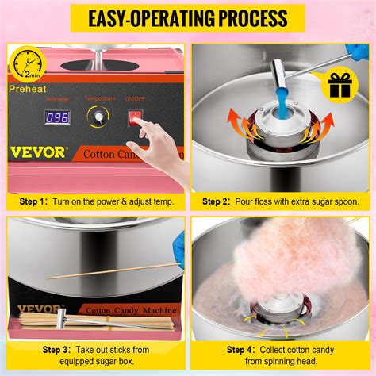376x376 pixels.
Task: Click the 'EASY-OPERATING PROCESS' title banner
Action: click(188, 17)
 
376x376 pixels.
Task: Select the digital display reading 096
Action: click(58, 117)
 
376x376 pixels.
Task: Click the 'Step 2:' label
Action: click(221, 201)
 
